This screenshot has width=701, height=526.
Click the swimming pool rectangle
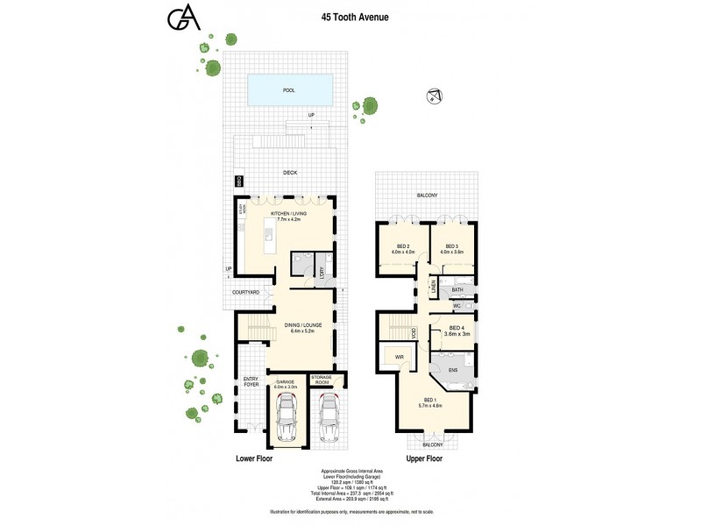[x=289, y=89]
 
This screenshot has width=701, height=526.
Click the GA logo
[x=183, y=20]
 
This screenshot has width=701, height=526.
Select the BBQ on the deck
[x=238, y=181]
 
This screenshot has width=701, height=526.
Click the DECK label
[x=289, y=173]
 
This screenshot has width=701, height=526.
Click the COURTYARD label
[x=246, y=292]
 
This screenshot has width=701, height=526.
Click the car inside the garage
[x=287, y=419]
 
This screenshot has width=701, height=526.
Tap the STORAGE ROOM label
[x=325, y=379]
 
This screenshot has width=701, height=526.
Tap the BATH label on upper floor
[x=457, y=288]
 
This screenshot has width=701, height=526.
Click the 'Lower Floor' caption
[x=257, y=458]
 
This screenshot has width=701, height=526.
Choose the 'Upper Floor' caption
[x=423, y=458]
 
